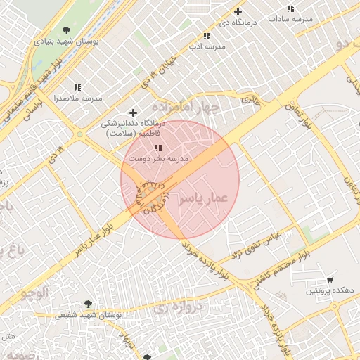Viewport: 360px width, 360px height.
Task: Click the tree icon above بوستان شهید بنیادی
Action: (x=66, y=30)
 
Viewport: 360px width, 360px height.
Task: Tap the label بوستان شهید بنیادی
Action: (x=66, y=41)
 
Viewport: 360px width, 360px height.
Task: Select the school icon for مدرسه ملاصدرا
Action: (x=77, y=87)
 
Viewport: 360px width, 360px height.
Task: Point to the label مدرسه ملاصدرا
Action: (x=77, y=98)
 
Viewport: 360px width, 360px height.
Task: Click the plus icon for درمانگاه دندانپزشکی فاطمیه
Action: (x=133, y=112)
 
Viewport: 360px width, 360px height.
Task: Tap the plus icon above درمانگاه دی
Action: (x=238, y=11)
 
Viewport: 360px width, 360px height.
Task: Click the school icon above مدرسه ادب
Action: (x=207, y=35)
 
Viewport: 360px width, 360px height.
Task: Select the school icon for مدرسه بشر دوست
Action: (x=158, y=148)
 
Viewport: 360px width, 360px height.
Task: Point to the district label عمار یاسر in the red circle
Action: (x=204, y=199)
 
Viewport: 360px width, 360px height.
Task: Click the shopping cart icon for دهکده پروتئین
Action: (x=330, y=280)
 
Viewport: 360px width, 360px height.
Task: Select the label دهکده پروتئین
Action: (x=324, y=291)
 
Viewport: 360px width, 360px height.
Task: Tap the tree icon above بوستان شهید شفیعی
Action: (x=88, y=304)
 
